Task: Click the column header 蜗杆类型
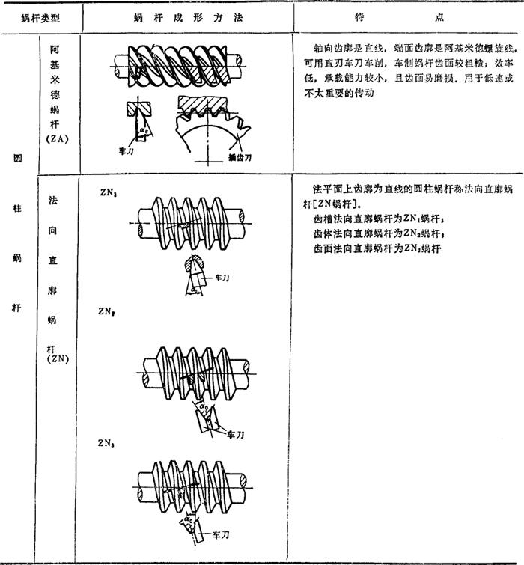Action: (x=40, y=16)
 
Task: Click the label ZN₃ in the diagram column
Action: (x=107, y=443)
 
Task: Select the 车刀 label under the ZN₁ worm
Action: (x=222, y=277)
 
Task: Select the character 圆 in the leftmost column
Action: (x=16, y=159)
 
